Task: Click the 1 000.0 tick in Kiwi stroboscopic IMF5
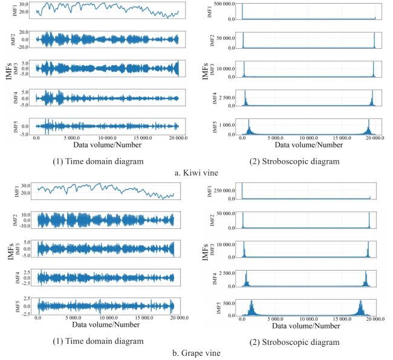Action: click(226, 124)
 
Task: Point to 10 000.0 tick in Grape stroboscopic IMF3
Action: click(226, 245)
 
